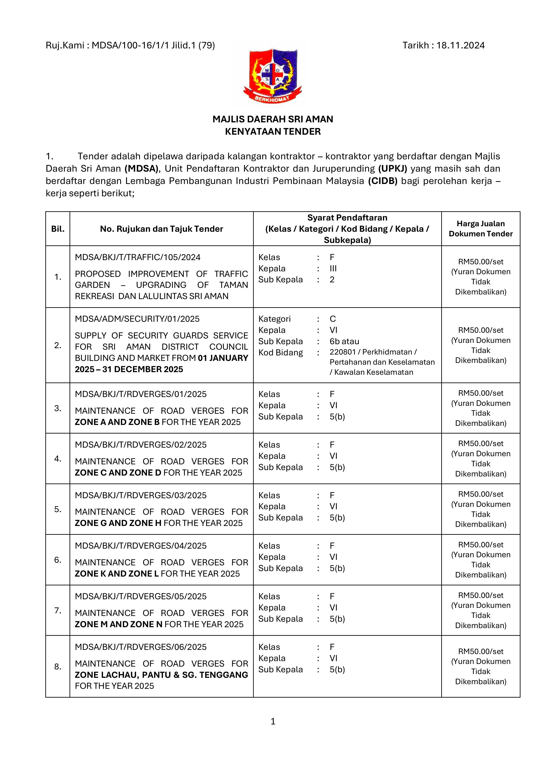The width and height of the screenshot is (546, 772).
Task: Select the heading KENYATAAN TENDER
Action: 273,131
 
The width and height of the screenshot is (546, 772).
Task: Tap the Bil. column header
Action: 58,229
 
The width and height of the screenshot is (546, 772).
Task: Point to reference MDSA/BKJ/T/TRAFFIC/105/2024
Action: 138,257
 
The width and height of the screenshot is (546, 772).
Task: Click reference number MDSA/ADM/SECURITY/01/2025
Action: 137,319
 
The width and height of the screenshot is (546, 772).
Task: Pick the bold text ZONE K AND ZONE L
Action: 117,574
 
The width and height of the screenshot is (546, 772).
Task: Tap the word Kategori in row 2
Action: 274,319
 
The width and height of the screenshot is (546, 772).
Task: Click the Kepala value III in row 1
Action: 333,268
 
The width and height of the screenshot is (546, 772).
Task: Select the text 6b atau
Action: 344,341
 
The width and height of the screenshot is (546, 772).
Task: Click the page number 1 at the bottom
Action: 273,721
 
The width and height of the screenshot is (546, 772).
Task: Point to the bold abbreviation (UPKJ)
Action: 392,168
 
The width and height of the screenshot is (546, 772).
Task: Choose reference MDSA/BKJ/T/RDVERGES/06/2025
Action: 141,647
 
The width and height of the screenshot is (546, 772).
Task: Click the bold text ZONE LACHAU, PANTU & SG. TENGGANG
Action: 161,675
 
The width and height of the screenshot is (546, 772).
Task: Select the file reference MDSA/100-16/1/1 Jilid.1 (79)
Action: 153,45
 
